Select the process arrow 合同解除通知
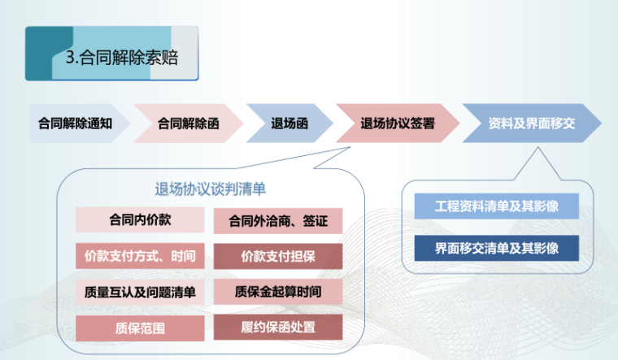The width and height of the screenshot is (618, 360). pyautogui.click(x=75, y=124)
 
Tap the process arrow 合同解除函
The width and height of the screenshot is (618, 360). pyautogui.click(x=188, y=124)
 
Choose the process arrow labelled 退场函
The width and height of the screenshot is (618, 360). pyautogui.click(x=289, y=124)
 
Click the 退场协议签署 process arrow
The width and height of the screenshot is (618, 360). pyautogui.click(x=397, y=124)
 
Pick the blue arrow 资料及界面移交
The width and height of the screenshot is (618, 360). pyautogui.click(x=531, y=124)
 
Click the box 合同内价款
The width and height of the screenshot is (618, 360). pyautogui.click(x=140, y=220)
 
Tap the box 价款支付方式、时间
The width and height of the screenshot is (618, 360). pyautogui.click(x=140, y=257)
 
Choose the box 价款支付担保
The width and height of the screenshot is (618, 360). pyautogui.click(x=277, y=257)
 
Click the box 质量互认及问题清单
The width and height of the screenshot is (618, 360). pyautogui.click(x=140, y=292)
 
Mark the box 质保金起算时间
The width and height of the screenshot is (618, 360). pyautogui.click(x=277, y=292)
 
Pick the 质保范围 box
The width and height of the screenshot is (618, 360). pyautogui.click(x=140, y=327)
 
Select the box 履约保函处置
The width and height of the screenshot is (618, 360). pyautogui.click(x=277, y=327)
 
